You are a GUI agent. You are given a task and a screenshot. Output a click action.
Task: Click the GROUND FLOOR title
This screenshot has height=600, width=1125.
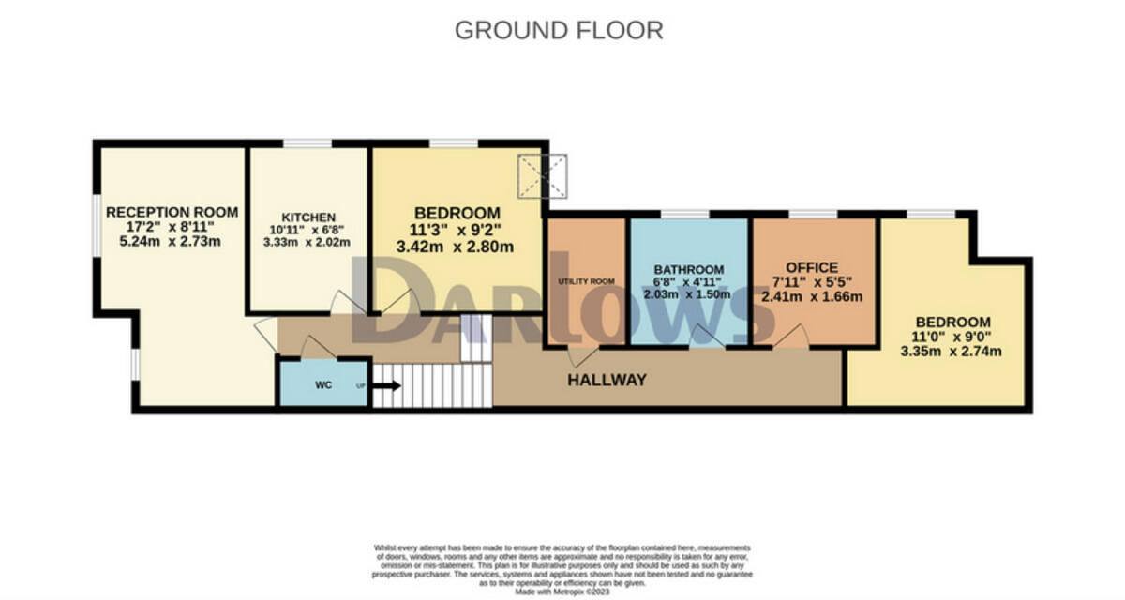(x=559, y=30)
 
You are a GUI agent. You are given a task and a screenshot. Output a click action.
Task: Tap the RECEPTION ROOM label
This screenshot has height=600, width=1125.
(x=172, y=211)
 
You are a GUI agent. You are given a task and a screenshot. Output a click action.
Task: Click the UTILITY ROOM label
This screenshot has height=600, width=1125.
(x=585, y=280)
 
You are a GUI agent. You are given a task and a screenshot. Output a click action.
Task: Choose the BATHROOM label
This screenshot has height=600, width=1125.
(x=689, y=268)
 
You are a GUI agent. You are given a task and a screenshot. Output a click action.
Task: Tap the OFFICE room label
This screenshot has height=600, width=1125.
(x=813, y=267)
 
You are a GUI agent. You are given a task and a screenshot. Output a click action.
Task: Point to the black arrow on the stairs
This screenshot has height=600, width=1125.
(x=386, y=384)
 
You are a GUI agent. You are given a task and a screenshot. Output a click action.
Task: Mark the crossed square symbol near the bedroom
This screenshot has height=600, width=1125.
(x=545, y=175)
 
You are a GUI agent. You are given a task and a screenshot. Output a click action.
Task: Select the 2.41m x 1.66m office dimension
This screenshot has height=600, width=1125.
(x=813, y=296)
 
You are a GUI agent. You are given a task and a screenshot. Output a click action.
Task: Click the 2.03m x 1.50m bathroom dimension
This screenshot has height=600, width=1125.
(x=689, y=293)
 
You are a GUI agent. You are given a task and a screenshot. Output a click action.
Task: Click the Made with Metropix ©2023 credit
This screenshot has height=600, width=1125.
(x=562, y=591)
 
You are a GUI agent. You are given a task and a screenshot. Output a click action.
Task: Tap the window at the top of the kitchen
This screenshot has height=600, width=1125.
(x=307, y=143)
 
